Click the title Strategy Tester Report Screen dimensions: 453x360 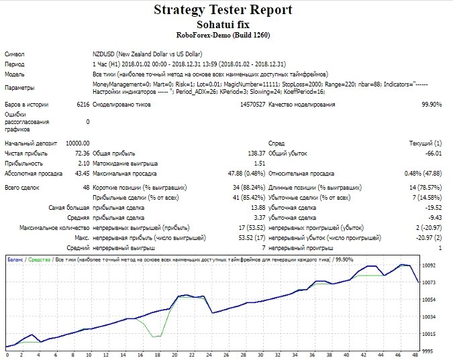click(223, 9)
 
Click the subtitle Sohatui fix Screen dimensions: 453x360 click(223, 24)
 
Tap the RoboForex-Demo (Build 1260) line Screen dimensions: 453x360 click(223, 36)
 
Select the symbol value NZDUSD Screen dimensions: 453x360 click(103, 54)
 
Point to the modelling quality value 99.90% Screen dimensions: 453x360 click(432, 105)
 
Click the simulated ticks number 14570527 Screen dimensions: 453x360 click(252, 105)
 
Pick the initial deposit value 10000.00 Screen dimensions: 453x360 click(78, 143)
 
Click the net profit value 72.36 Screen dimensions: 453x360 click(83, 154)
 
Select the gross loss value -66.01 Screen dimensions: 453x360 click(434, 154)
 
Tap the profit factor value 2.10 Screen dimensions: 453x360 click(84, 164)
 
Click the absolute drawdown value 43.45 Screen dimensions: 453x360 click(83, 174)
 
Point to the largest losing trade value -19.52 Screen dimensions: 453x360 click(434, 208)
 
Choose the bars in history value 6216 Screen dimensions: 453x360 click(83, 105)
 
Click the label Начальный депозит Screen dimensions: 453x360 click(31, 143)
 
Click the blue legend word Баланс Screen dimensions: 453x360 click(15, 259)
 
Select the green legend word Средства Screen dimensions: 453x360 click(40, 259)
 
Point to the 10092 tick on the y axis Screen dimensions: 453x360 click(428, 265)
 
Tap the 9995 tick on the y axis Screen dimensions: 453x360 click(428, 351)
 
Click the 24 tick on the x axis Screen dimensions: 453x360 click(209, 355)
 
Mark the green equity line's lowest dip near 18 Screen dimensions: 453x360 click(154, 337)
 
